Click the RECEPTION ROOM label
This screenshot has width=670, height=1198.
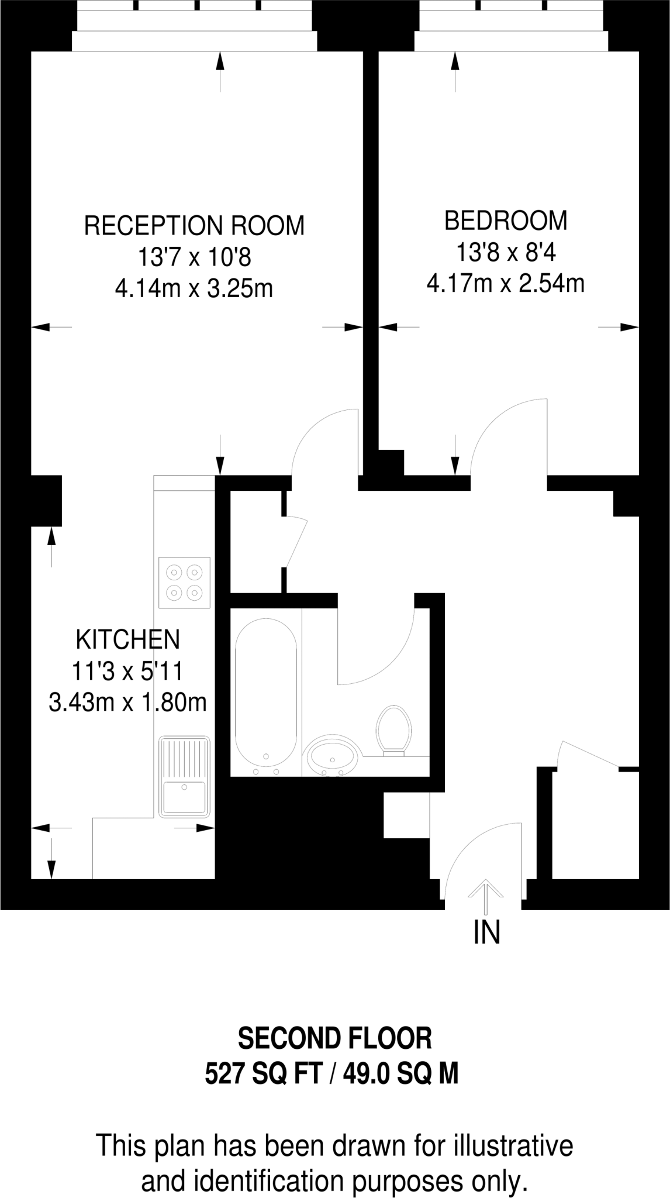click(x=195, y=226)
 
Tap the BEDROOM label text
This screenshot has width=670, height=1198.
click(x=506, y=221)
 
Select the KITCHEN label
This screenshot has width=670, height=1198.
click(x=128, y=639)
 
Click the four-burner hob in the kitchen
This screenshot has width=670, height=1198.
click(x=184, y=582)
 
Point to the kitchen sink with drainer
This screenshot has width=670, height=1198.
click(x=184, y=776)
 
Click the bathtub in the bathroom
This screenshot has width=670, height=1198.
click(x=266, y=692)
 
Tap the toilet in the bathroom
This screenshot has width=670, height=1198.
click(x=394, y=730)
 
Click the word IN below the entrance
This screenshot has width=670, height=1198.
click(x=486, y=933)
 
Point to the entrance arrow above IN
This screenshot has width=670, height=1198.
click(x=486, y=896)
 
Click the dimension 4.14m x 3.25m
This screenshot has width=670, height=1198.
click(x=194, y=289)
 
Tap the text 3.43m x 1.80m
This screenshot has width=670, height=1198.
click(x=128, y=703)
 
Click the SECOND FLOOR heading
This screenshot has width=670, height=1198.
click(x=335, y=1039)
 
